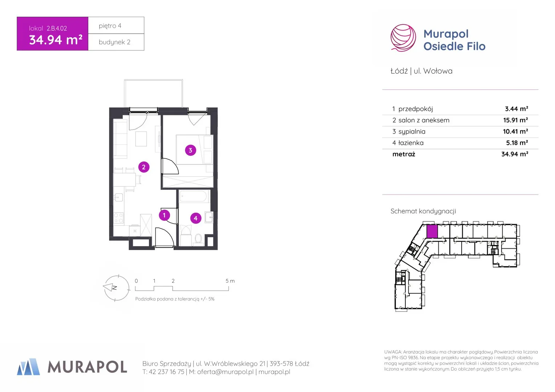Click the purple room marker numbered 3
click(191, 150)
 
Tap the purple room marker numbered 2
click(144, 167)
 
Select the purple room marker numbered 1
click(164, 215)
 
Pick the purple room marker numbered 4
click(196, 218)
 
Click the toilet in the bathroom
click(198, 240)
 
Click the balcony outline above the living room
click(153, 80)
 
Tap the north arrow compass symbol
click(117, 288)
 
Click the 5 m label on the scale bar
click(230, 281)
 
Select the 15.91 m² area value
click(515, 120)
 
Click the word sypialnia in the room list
click(412, 131)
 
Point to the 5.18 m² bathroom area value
click(517, 143)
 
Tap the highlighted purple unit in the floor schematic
click(432, 231)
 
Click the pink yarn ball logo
click(403, 38)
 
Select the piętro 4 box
click(116, 25)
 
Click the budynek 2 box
click(116, 42)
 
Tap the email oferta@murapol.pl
click(225, 372)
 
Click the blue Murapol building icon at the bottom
click(28, 367)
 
